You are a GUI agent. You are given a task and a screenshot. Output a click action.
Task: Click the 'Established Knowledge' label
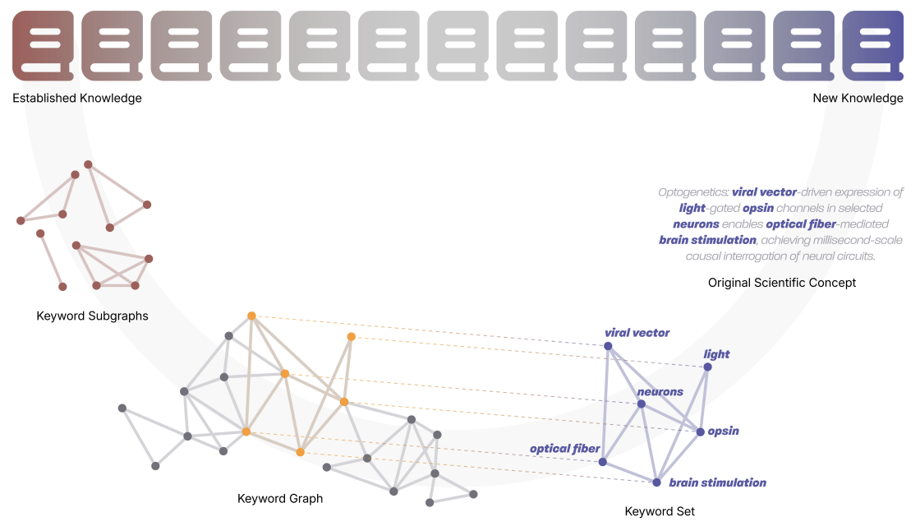(x=77, y=99)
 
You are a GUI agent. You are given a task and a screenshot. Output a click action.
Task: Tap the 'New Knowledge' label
(x=858, y=99)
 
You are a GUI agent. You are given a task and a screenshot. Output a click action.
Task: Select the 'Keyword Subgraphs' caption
(x=92, y=316)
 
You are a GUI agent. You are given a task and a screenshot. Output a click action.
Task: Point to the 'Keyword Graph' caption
(x=280, y=498)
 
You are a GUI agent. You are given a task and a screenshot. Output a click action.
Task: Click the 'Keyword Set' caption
(x=660, y=511)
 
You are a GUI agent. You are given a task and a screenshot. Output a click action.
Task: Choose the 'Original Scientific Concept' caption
(x=781, y=283)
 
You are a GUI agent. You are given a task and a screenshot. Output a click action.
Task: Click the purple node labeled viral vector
(x=608, y=346)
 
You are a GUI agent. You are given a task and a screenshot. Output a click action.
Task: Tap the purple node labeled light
(x=707, y=367)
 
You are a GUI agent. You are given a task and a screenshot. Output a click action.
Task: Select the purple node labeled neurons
(x=642, y=404)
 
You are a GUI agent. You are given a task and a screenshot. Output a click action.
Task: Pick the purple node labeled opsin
(x=701, y=431)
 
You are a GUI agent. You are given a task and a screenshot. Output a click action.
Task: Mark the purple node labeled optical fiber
(x=602, y=462)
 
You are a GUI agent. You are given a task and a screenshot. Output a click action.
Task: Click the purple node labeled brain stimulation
(x=656, y=482)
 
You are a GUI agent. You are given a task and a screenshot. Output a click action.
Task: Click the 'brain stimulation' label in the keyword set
(x=717, y=483)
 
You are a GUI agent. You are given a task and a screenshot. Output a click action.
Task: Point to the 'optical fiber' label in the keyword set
(x=564, y=449)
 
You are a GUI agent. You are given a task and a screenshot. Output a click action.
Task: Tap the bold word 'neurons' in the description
(x=696, y=224)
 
